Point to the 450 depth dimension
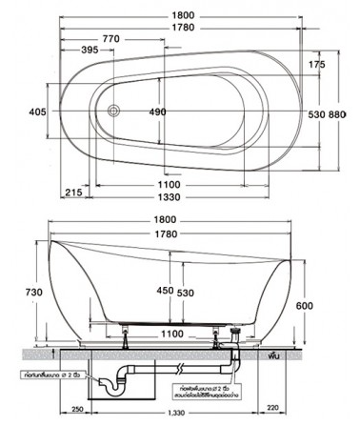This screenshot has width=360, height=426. (x=165, y=293)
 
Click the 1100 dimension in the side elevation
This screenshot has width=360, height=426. (x=171, y=333)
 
